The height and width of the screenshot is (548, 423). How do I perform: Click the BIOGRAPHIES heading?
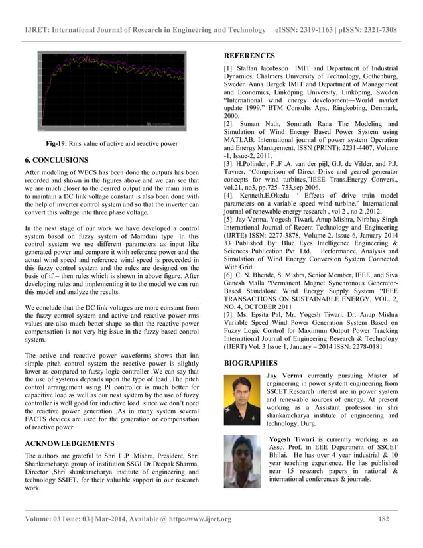(x=250, y=364)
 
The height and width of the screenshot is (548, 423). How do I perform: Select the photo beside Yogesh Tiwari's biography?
(x=242, y=461)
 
